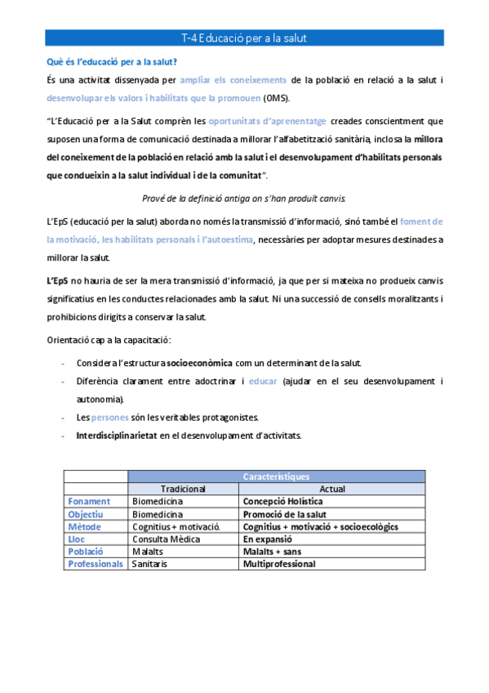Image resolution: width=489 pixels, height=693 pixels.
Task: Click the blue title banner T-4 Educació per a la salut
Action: tap(244, 38)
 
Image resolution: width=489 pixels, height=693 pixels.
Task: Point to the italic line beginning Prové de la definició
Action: tap(244, 198)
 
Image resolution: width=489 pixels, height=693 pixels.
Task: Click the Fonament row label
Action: tap(88, 502)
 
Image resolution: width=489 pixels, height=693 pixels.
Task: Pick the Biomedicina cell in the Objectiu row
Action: tap(158, 514)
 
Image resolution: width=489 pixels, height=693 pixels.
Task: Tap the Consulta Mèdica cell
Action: tap(167, 539)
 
